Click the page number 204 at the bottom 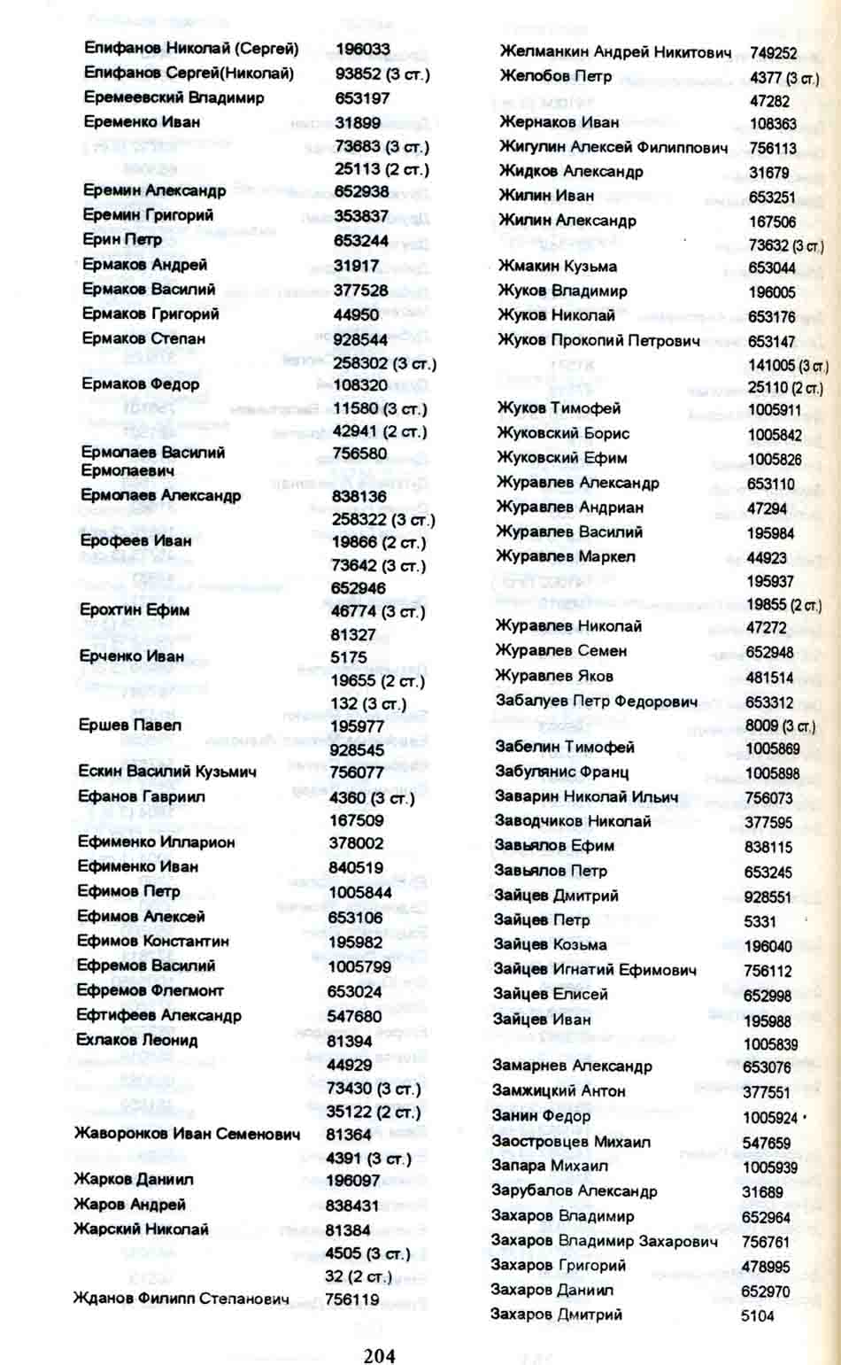[379, 1354]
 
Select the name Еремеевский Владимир [174, 97]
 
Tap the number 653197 [362, 98]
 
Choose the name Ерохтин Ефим [135, 609]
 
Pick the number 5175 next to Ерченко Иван [349, 657]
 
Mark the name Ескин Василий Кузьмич [167, 772]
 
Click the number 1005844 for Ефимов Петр [359, 892]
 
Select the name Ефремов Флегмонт [150, 990]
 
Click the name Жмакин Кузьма [557, 266]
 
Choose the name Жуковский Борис [563, 433]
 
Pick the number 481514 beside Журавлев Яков [769, 678]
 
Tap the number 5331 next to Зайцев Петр [760, 921]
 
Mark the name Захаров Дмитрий [556, 1315]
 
